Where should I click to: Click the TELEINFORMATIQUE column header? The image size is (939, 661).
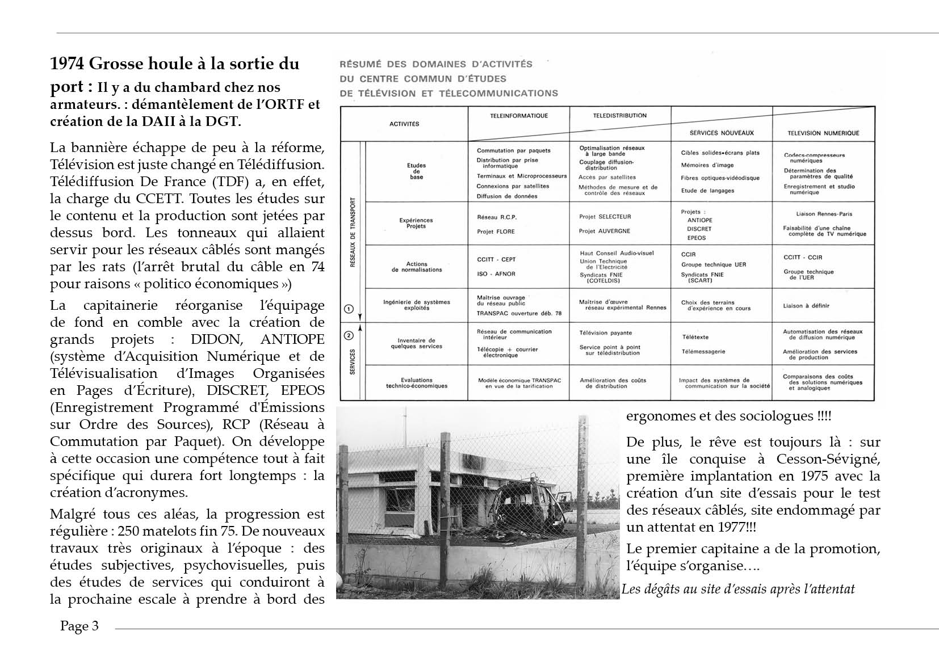point(519,116)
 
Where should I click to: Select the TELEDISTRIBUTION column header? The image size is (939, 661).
point(619,116)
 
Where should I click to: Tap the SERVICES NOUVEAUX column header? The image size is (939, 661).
point(721,133)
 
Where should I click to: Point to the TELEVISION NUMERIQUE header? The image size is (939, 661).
point(823,133)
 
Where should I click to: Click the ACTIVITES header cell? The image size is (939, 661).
point(404,124)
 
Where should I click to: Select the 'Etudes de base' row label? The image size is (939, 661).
point(416,171)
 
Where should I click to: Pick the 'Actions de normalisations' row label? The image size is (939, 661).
point(416,267)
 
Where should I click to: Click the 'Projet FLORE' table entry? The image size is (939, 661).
point(496,231)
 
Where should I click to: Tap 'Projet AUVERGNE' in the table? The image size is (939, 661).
point(604,231)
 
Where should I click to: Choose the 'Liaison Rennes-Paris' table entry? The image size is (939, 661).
point(824,214)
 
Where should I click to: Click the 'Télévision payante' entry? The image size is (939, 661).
point(605,333)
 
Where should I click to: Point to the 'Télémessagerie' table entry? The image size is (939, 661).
point(703,351)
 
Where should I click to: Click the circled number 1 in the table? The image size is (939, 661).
point(349,309)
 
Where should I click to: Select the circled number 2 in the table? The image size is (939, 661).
point(349,336)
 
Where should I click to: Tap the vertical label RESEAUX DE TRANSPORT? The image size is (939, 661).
point(353,233)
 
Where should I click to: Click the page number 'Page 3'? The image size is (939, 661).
point(79,626)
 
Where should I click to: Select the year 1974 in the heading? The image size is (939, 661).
point(67,64)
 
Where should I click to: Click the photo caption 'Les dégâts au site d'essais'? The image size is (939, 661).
point(737,589)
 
